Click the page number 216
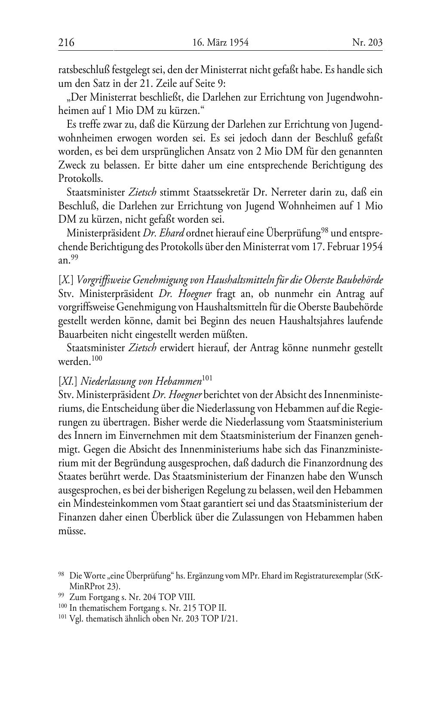pos(66,43)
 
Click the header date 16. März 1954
pos(221,43)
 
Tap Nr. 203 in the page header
pos(367,43)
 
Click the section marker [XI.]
pos(68,381)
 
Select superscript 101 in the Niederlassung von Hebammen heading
pos(207,378)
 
